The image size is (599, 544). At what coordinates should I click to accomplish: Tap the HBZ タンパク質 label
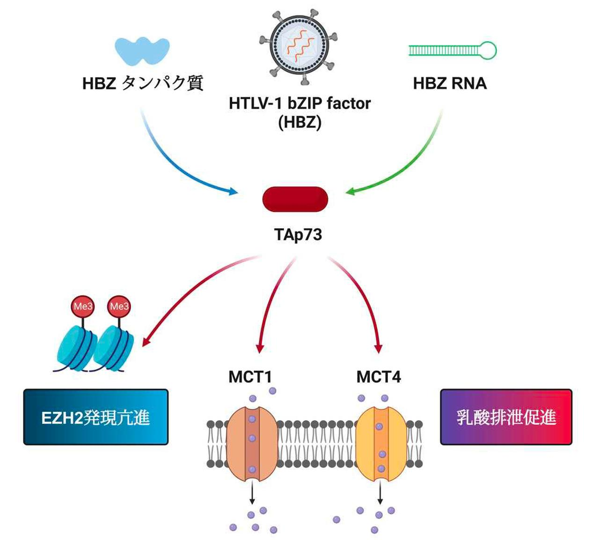143,83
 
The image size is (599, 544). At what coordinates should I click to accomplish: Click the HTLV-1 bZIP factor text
299,103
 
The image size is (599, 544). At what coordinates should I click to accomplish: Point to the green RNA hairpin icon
452,50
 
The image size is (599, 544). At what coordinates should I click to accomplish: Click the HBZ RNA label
450,83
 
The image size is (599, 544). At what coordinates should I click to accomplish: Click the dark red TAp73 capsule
295,199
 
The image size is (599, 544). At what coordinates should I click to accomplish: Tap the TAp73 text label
298,234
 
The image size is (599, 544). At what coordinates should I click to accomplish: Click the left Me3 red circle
83,306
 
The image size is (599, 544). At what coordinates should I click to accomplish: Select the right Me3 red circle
119,306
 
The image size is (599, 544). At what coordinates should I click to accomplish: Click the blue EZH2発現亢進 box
96,417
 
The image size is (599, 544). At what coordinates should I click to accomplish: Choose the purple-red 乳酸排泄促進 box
506,417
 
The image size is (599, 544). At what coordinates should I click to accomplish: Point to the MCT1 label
250,377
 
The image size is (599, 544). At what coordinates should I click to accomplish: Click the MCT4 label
379,377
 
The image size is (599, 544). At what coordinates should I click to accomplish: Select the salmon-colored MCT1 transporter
252,443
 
